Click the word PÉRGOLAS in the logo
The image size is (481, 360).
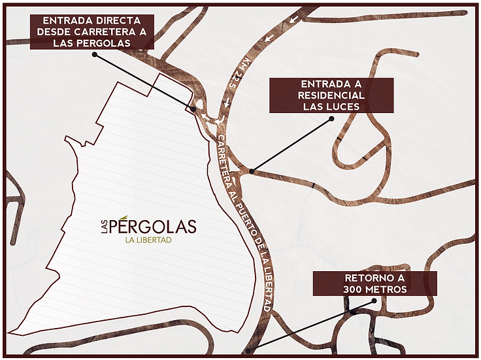tap(154, 227)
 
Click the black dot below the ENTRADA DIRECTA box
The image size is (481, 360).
tap(95, 55)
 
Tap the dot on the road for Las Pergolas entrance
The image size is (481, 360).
tap(195, 109)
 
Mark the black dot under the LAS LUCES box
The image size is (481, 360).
tap(331, 119)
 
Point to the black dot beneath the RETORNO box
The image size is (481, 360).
tap(374, 301)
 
